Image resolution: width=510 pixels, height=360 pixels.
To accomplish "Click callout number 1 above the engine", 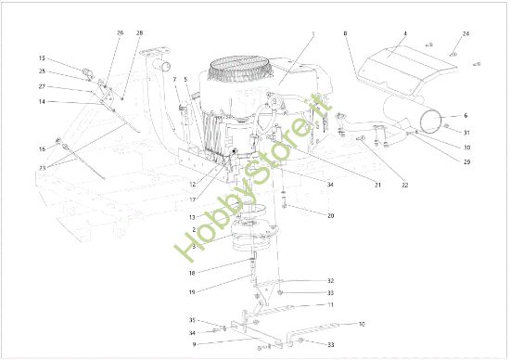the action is click(313, 33).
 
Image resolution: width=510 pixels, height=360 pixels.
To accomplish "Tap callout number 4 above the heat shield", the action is click(404, 33).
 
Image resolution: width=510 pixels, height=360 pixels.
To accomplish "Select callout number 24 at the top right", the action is click(466, 34).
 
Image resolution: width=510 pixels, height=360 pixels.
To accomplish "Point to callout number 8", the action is click(346, 34).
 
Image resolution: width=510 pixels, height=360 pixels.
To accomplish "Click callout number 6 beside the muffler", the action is click(465, 115).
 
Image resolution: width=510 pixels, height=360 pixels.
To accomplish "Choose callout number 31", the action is click(466, 132).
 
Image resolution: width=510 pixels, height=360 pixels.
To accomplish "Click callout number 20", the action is click(329, 214).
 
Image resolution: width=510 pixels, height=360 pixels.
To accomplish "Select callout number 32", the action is click(329, 280).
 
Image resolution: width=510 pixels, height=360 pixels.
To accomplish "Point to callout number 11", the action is click(329, 304).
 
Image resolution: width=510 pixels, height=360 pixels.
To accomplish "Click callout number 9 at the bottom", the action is click(194, 344).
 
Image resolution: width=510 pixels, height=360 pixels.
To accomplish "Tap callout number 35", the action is click(194, 320).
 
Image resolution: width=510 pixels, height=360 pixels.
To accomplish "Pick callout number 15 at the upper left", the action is click(42, 58).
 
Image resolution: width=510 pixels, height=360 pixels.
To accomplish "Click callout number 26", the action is click(120, 32).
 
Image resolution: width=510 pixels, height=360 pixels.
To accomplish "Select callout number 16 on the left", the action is click(42, 148).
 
